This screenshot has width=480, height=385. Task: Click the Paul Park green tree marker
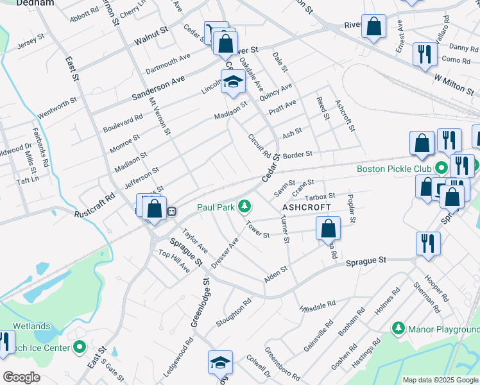click(x=244, y=207)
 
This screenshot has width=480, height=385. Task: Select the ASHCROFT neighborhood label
click(x=307, y=207)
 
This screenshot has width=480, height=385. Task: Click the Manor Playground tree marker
click(x=399, y=329)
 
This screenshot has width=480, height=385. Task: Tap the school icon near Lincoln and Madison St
click(x=232, y=81)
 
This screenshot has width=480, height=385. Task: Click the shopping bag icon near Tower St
click(x=328, y=228)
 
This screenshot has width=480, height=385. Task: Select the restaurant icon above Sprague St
click(x=427, y=243)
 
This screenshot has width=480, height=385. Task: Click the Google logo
click(x=21, y=377)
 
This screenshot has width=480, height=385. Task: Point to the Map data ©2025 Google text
click(x=440, y=380)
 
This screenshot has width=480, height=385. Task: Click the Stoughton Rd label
click(x=234, y=311)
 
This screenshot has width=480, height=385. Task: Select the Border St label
click(x=297, y=155)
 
